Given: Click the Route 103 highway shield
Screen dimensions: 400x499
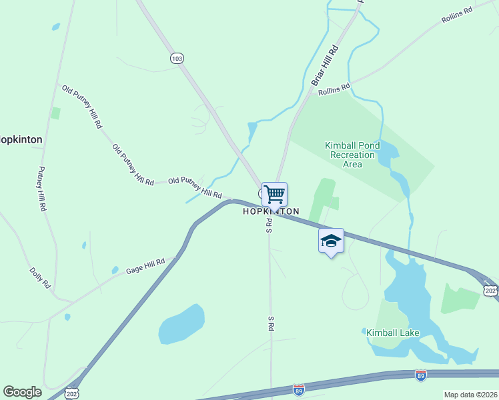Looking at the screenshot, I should click(x=176, y=58).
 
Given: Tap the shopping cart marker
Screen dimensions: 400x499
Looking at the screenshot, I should click(x=274, y=195).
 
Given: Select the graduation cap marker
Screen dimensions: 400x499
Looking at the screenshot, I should click(x=331, y=241).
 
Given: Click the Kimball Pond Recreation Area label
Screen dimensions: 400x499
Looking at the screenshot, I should click(x=352, y=155).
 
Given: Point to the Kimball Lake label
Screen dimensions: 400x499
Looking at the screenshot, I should click(x=392, y=332).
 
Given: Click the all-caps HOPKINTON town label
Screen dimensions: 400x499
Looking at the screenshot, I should click(x=271, y=211).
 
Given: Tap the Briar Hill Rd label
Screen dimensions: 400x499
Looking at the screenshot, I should click(x=325, y=65).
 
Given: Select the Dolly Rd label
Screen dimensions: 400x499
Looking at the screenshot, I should click(x=40, y=278).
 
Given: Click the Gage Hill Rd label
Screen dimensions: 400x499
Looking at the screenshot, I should click(x=145, y=265).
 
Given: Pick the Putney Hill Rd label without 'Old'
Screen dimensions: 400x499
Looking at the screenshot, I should click(x=42, y=189).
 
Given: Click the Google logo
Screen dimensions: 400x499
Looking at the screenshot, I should click(x=22, y=392).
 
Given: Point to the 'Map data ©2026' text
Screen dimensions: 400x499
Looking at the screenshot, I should click(x=471, y=395).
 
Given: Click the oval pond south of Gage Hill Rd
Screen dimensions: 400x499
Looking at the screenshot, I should click(x=181, y=325).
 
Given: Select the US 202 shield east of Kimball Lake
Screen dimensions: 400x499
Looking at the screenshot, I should click(x=490, y=291).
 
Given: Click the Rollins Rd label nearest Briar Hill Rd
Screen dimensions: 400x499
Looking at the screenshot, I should click(x=334, y=89).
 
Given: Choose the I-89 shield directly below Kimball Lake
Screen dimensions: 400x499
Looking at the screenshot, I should click(x=420, y=375).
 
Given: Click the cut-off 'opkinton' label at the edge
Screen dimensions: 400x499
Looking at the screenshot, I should click(x=21, y=140).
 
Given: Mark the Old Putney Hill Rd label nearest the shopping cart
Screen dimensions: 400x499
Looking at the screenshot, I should click(x=195, y=187).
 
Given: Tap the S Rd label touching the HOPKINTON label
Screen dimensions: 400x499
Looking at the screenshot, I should click(x=270, y=225).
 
